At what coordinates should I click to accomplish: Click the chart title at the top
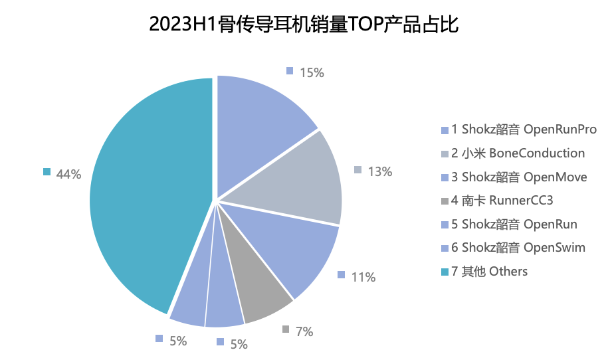click(304, 25)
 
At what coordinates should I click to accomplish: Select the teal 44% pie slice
click(146, 193)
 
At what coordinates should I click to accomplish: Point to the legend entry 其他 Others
click(489, 271)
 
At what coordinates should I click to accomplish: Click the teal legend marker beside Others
click(445, 272)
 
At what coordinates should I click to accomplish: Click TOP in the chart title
click(364, 25)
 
